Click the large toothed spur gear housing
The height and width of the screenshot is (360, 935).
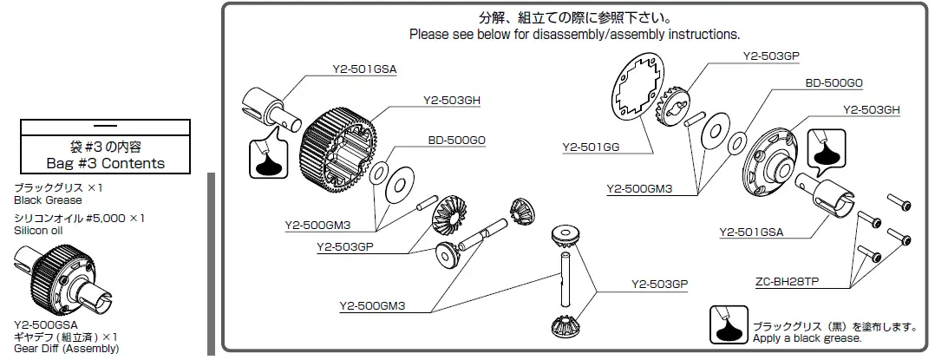(x=338, y=144)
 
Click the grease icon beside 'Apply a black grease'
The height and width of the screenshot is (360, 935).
(x=728, y=325)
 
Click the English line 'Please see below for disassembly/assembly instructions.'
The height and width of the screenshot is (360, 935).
(x=574, y=35)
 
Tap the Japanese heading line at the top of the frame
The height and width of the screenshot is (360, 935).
(x=574, y=17)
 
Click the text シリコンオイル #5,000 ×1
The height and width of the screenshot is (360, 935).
(x=79, y=219)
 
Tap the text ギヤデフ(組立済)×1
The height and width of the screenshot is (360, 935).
(x=66, y=337)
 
